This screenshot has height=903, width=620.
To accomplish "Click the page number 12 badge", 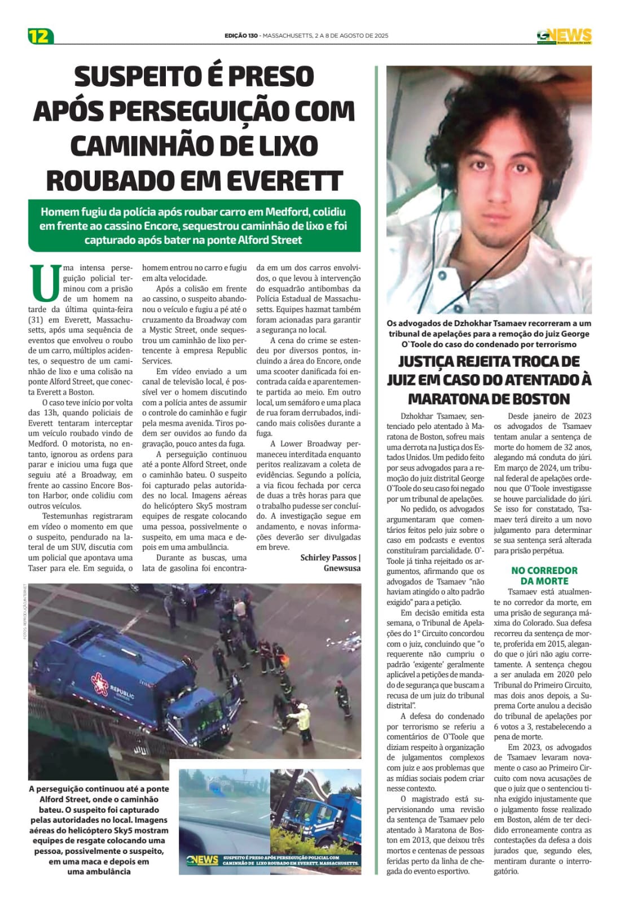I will click(x=40, y=36).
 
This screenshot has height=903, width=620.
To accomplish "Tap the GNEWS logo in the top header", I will click(x=564, y=36).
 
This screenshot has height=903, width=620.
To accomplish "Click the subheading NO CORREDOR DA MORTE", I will click(x=544, y=576).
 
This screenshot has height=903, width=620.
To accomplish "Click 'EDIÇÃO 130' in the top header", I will click(x=241, y=36).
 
